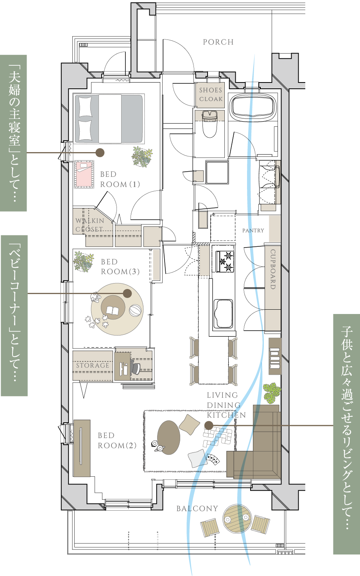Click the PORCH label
point(218,42)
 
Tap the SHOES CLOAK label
point(211,95)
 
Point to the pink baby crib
point(84,174)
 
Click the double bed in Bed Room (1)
point(109,118)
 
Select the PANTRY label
point(253,231)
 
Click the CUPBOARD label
point(273,269)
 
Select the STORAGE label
point(93,366)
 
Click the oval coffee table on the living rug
point(169,438)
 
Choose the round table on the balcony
point(237,519)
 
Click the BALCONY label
point(197,509)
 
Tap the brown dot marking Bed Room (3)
point(127,293)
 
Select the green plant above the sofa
point(272,393)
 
